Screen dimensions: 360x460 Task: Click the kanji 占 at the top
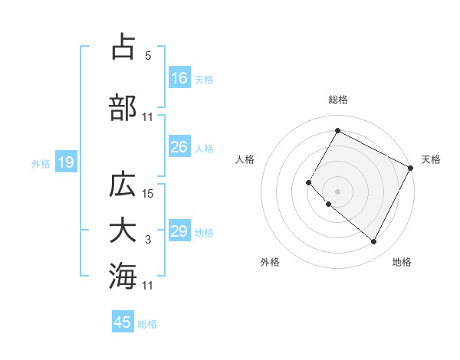[x=123, y=47]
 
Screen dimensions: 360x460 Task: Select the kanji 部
[x=123, y=107]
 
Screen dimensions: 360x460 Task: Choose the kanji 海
[x=123, y=275]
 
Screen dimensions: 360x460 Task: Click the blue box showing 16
[x=179, y=78]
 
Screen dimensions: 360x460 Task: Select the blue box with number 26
[x=179, y=147]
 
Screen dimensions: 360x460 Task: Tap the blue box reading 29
[x=179, y=231]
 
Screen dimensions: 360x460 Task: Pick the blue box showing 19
[x=65, y=162]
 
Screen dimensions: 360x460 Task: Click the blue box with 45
[x=123, y=322]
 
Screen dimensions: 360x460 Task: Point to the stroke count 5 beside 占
[x=147, y=56]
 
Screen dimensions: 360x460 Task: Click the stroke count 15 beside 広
[x=149, y=194]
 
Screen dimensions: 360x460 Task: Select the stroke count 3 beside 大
[x=147, y=240]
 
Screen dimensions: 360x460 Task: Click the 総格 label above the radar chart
[x=337, y=100]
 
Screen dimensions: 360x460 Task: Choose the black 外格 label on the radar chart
[x=270, y=262]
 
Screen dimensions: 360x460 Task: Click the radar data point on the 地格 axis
[x=374, y=242]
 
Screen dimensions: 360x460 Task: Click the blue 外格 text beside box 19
[x=41, y=163]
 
